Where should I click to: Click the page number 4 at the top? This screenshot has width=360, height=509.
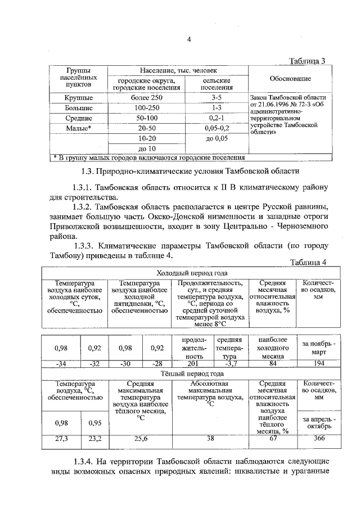pyautogui.click(x=190, y=39)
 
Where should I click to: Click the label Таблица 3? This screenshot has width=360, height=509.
pyautogui.click(x=307, y=61)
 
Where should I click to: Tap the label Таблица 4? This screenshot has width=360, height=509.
pyautogui.click(x=307, y=262)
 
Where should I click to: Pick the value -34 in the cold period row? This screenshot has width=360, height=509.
pyautogui.click(x=61, y=363)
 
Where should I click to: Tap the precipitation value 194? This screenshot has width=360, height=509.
pyautogui.click(x=319, y=363)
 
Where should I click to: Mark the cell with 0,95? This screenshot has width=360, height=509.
pyautogui.click(x=94, y=423)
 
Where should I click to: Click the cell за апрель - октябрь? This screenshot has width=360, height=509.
pyautogui.click(x=319, y=422)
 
